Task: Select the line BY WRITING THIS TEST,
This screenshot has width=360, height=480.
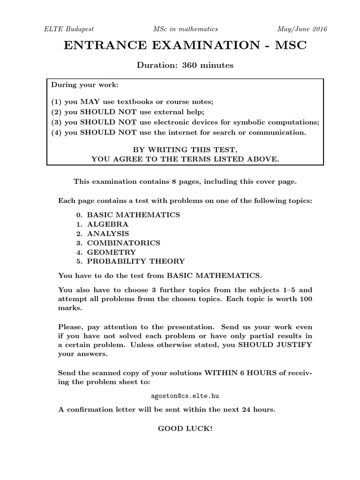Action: tap(185, 150)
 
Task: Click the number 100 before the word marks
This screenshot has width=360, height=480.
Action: tap(305, 299)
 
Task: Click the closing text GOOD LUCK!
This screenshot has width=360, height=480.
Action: tap(185, 429)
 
